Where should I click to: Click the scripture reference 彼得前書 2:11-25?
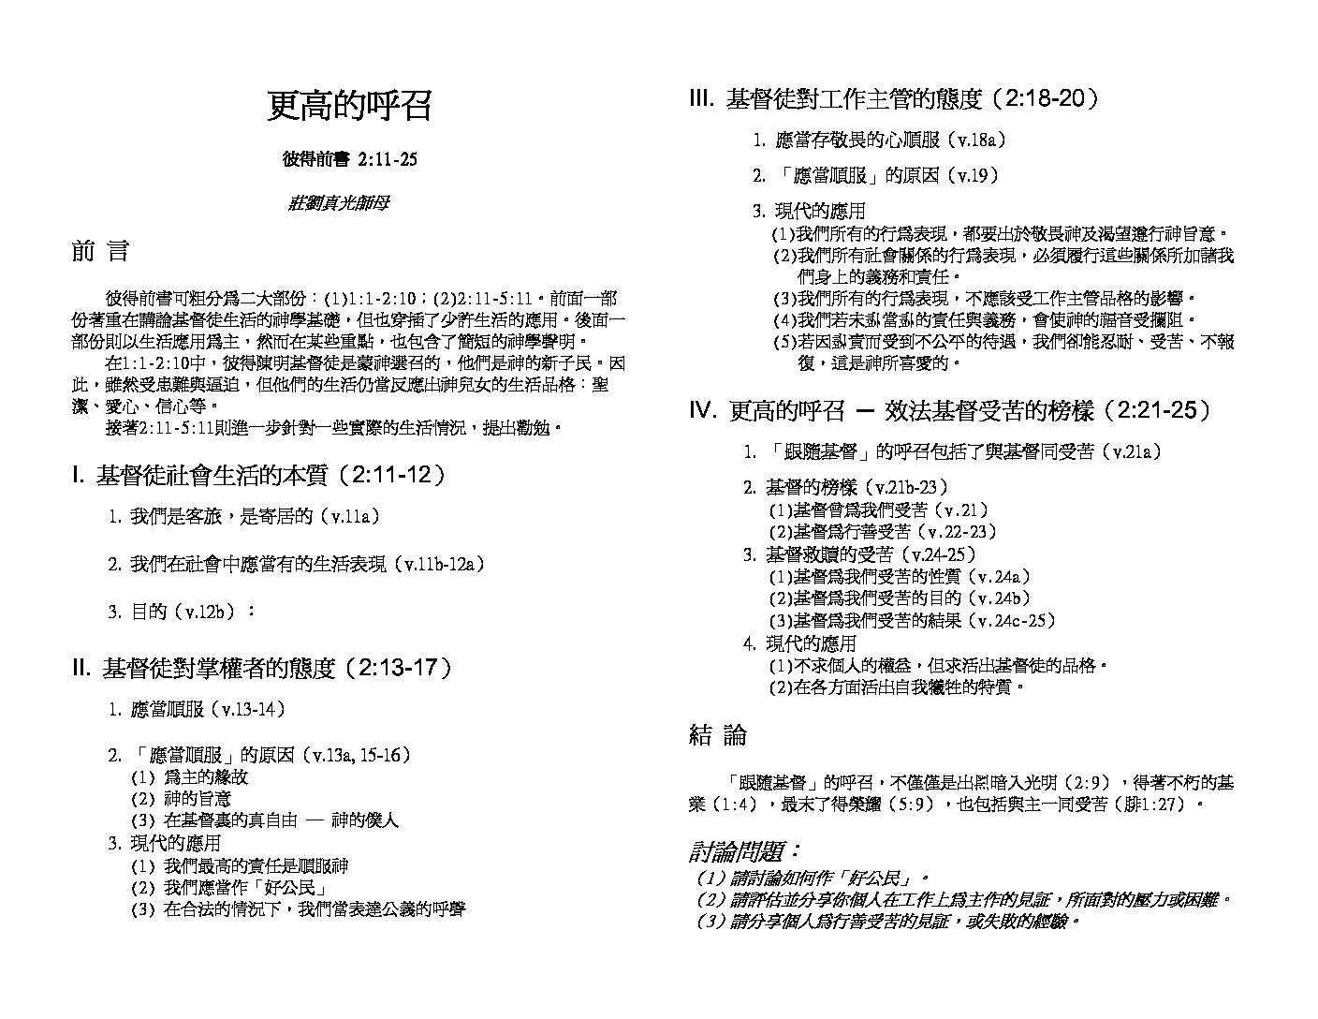(349, 159)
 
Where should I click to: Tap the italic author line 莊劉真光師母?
(338, 202)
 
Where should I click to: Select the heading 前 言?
(100, 251)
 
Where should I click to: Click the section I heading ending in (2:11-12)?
(259, 476)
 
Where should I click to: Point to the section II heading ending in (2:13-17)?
(263, 668)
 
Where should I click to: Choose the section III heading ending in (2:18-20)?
(894, 99)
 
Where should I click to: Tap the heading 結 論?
(718, 735)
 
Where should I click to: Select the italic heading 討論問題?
(745, 852)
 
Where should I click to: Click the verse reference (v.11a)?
(348, 516)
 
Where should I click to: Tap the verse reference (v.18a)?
(977, 140)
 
